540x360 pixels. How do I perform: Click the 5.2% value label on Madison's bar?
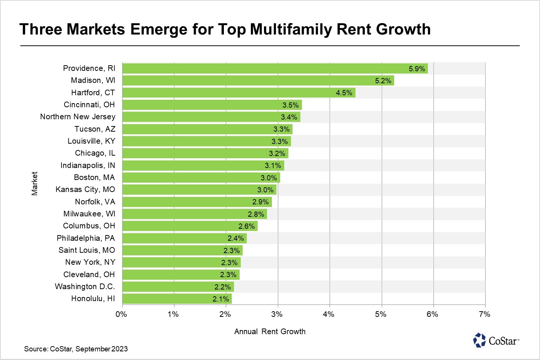(383, 81)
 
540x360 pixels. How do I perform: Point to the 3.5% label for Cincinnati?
(290, 105)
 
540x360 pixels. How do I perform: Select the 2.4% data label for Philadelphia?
(235, 238)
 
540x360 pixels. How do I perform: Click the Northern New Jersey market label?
(78, 117)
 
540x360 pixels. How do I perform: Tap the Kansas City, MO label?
(85, 189)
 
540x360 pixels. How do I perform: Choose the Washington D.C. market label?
(85, 286)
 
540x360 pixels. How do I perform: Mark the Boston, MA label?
(94, 177)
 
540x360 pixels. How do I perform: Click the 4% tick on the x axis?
(328, 314)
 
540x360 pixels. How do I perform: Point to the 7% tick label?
(484, 314)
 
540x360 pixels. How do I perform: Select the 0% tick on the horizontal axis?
(121, 314)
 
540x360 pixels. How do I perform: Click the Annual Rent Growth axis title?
(270, 331)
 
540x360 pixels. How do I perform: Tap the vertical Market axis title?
(34, 183)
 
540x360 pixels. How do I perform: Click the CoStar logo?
(496, 340)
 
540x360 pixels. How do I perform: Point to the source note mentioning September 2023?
(76, 349)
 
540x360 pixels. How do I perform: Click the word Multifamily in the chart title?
(291, 29)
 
